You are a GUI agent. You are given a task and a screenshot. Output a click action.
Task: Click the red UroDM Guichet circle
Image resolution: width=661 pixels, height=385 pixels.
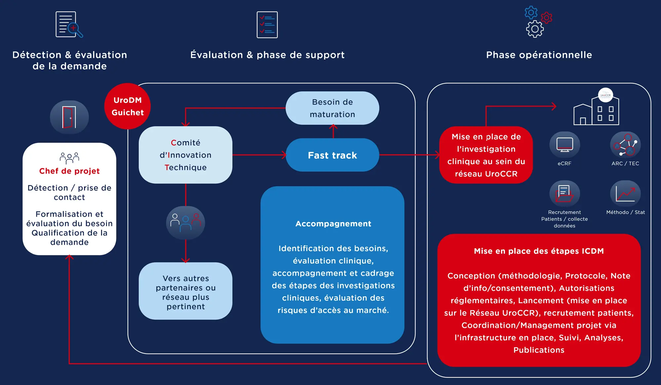pos(128,106)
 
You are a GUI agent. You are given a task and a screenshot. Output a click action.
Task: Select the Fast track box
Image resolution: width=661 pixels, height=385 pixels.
pos(332,155)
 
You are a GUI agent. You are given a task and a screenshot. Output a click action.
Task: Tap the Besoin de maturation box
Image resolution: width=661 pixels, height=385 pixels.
pos(332,108)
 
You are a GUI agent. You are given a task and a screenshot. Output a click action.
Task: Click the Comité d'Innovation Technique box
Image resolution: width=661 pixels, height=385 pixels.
pos(185,155)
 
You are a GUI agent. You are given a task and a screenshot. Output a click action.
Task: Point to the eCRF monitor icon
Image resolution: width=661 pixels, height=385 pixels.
pos(564,145)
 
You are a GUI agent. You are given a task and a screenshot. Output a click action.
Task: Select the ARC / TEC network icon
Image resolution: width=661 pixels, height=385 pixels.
pos(625,145)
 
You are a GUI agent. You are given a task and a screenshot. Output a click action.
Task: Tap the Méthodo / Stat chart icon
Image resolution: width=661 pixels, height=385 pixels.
pos(625,194)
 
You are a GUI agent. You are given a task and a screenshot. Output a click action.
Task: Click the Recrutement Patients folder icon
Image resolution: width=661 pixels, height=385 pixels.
pos(564,194)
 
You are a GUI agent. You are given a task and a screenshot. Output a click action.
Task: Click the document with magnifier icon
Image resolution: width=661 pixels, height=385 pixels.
pos(69,25)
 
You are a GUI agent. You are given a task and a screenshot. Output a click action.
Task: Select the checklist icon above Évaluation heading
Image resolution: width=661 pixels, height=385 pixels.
pos(267,25)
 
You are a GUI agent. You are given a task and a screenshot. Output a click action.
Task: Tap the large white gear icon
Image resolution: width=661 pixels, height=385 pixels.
pos(535,29)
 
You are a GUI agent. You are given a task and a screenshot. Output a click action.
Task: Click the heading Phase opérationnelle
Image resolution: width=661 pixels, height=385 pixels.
pos(539,55)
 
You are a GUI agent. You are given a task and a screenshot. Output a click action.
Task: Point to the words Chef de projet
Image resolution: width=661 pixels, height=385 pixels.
pos(69,171)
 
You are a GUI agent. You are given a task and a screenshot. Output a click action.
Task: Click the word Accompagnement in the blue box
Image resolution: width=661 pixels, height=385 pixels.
pos(333,224)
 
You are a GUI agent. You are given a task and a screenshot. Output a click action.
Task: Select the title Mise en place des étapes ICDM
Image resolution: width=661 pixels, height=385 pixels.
pos(539,251)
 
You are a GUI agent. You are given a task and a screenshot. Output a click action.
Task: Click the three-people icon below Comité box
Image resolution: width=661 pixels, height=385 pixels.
pos(185,223)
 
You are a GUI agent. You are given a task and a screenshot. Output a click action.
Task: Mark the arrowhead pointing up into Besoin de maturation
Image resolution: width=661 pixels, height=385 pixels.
pos(333,126)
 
